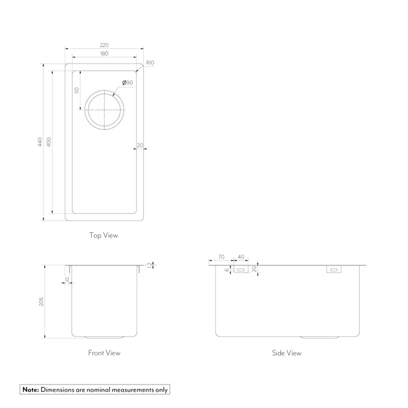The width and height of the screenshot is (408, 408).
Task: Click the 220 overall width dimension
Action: (104, 45)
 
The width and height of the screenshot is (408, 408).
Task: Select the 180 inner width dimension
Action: (104, 54)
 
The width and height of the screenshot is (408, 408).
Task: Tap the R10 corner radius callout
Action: (150, 63)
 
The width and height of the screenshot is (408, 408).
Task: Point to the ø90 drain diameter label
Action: (127, 82)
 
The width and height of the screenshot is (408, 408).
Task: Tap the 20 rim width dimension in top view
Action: (140, 145)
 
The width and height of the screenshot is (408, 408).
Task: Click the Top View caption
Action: (103, 235)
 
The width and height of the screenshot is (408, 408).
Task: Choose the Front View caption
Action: (104, 352)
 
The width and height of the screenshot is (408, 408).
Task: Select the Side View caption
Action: (286, 352)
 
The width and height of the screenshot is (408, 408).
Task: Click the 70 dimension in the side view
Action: (221, 257)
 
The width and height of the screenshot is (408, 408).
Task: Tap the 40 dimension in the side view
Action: (241, 257)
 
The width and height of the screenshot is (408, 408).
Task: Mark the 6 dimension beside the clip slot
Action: (227, 270)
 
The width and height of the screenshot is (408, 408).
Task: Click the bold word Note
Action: (30, 390)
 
